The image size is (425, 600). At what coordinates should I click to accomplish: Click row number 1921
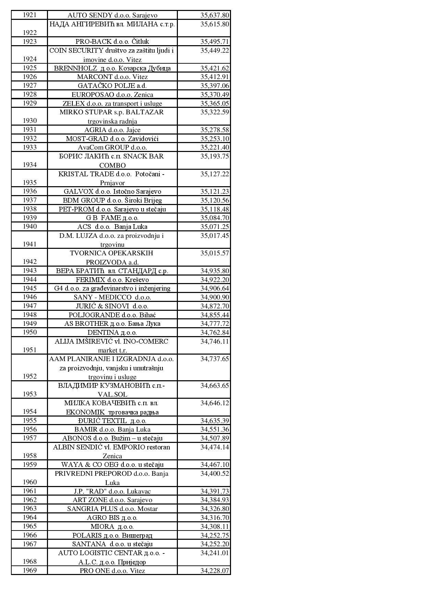pyautogui.click(x=29, y=15)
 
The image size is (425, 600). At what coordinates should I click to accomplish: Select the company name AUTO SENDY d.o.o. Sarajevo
pyautogui.click(x=112, y=15)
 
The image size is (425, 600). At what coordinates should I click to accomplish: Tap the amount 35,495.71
pyautogui.click(x=215, y=42)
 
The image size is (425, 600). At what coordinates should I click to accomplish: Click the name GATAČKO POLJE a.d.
pyautogui.click(x=112, y=86)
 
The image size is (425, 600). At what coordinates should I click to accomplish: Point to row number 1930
pyautogui.click(x=29, y=120)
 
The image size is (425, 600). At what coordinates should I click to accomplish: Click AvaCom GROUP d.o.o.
pyautogui.click(x=112, y=148)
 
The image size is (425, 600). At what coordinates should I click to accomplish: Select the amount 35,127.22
pyautogui.click(x=215, y=174)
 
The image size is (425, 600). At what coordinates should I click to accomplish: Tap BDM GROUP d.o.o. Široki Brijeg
pyautogui.click(x=112, y=200)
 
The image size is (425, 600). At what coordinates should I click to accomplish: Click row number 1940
pyautogui.click(x=29, y=226)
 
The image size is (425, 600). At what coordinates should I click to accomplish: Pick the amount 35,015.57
pyautogui.click(x=215, y=253)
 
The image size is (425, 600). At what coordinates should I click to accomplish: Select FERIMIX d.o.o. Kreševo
pyautogui.click(x=112, y=280)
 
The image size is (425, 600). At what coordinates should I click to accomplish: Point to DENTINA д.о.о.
pyautogui.click(x=112, y=333)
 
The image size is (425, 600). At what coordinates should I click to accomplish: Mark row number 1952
pyautogui.click(x=29, y=376)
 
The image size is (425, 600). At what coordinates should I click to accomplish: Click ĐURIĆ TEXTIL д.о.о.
pyautogui.click(x=112, y=421)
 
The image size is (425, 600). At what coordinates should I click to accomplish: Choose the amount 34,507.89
pyautogui.click(x=215, y=438)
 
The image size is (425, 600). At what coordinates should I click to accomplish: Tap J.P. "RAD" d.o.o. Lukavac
pyautogui.click(x=112, y=492)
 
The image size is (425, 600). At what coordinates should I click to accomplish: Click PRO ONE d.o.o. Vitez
pyautogui.click(x=112, y=571)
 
